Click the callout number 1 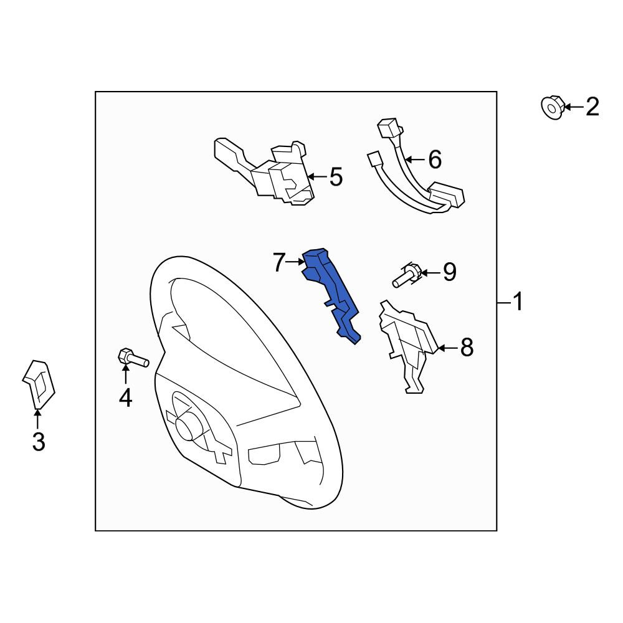pos(518,302)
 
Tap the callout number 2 pos(592,107)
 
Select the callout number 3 pos(39,442)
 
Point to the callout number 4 pos(126,397)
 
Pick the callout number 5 pos(336,177)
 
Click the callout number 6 pos(435,159)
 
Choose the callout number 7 pos(279,262)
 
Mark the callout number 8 pos(467,348)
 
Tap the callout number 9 pos(450,272)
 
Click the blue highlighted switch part pos(332,294)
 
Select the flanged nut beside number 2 pos(553,107)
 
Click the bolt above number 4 pos(133,358)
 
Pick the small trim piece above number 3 pos(39,384)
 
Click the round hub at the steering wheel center pos(186,427)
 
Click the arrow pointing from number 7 pos(295,262)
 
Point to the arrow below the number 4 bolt pos(126,374)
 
